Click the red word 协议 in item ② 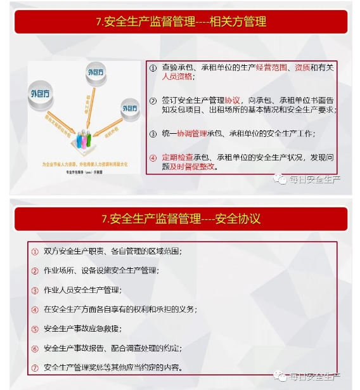pyautogui.click(x=233, y=100)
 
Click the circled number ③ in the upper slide pyautogui.click(x=153, y=134)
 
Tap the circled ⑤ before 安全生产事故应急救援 pyautogui.click(x=35, y=328)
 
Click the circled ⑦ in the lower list pyautogui.click(x=35, y=367)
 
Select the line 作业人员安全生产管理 pyautogui.click(x=83, y=290)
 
